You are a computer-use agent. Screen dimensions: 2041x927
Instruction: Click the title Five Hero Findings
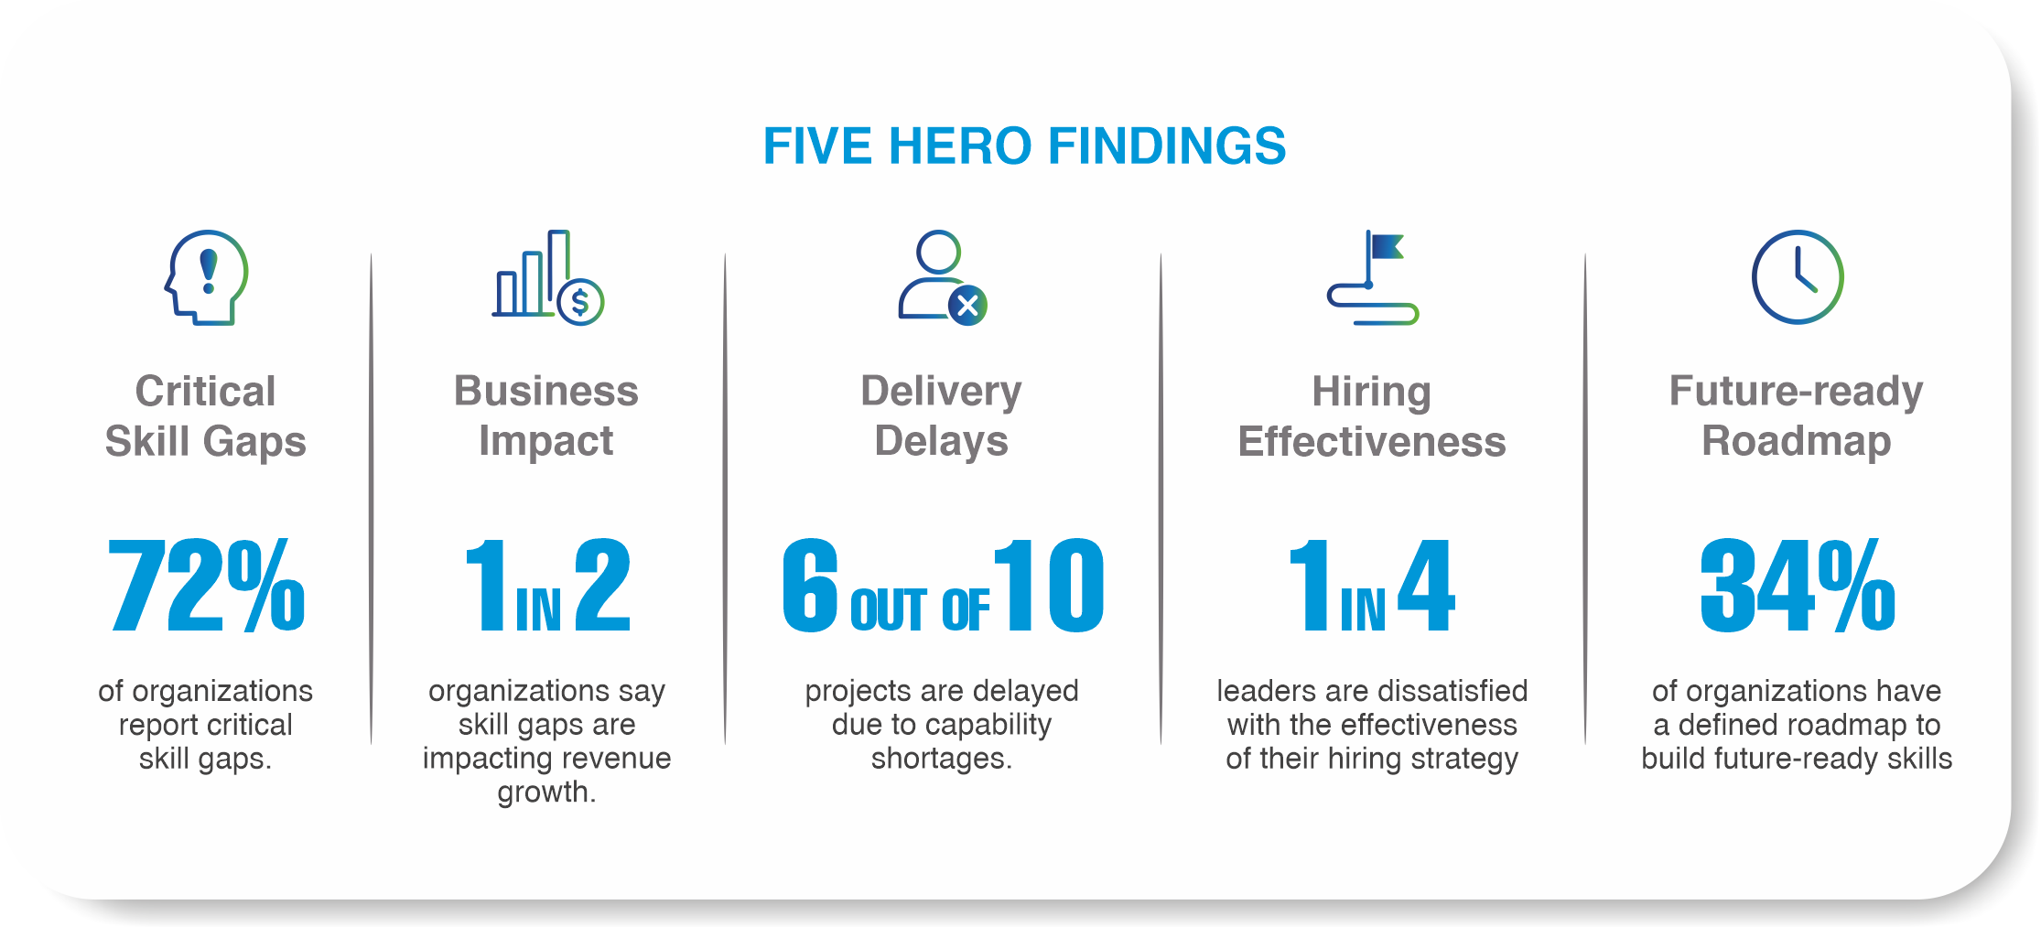1024,146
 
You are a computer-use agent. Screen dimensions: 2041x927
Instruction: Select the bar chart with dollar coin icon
547,277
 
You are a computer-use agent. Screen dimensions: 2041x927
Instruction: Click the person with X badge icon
942,277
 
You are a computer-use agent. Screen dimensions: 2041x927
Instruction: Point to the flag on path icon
1372,277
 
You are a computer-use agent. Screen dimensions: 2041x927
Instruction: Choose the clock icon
1798,277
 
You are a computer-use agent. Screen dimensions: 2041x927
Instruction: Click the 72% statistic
206,586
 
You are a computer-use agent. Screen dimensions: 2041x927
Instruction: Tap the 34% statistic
1797,586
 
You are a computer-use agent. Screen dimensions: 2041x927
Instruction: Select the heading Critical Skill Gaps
205,416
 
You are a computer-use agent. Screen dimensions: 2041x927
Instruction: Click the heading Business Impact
546,416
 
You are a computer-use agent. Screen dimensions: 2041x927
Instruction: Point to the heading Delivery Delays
941,416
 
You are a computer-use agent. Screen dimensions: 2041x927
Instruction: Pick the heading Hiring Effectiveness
1372,416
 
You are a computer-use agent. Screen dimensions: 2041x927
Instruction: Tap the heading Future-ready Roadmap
1797,416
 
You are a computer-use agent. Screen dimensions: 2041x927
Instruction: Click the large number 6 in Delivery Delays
811,586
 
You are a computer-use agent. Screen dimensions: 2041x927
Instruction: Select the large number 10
1049,586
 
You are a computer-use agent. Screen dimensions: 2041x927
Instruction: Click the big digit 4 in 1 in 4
1426,586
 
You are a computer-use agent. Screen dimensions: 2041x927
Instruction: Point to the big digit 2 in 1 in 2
603,586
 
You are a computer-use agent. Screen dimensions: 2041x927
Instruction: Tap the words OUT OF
920,609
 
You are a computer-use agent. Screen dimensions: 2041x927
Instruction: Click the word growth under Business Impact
546,792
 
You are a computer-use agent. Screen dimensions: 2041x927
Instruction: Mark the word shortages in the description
941,759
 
